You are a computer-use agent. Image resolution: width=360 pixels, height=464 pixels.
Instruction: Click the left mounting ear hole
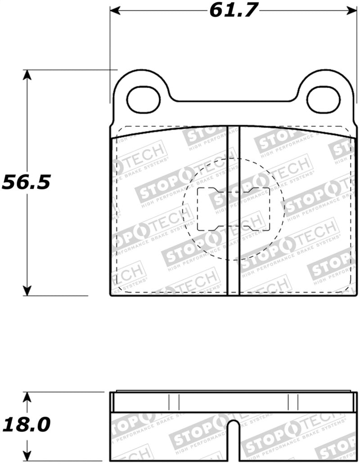(144, 100)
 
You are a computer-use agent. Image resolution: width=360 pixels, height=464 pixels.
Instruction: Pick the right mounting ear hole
(324, 100)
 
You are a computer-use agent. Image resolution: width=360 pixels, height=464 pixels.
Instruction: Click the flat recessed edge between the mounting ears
(233, 101)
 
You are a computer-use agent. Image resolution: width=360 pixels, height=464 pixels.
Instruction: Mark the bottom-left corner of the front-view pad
(111, 295)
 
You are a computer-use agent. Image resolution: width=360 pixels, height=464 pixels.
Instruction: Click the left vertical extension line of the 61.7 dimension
(110, 54)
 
